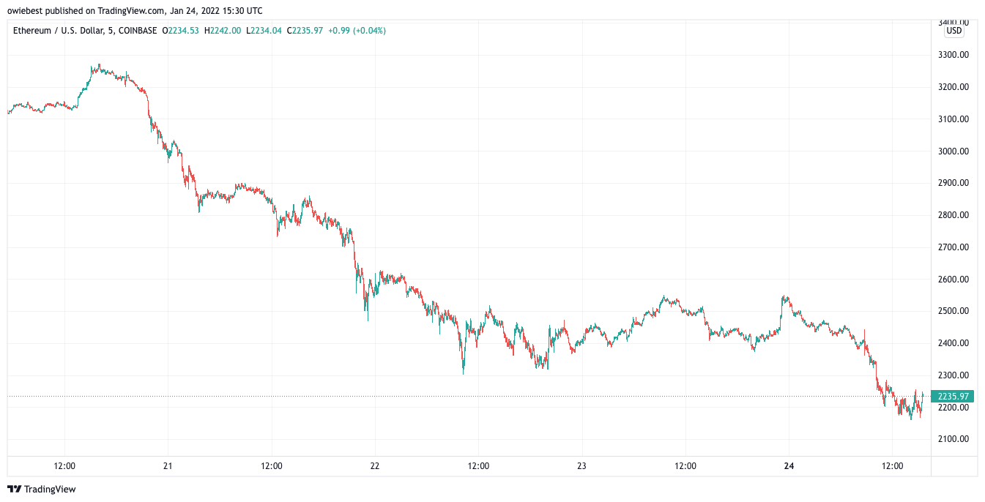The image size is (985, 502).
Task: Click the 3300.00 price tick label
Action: tap(954, 55)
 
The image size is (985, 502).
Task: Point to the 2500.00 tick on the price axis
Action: tap(954, 311)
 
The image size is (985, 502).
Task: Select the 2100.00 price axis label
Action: tap(954, 438)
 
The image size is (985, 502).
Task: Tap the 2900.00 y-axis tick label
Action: tap(954, 183)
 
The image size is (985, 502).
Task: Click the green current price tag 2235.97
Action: tap(953, 397)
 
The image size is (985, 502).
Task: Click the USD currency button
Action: tap(954, 31)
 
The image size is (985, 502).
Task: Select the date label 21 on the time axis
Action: tap(168, 466)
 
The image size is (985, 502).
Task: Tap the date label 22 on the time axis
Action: tap(375, 466)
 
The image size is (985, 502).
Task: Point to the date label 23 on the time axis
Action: tap(581, 466)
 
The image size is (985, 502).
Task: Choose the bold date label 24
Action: tap(789, 466)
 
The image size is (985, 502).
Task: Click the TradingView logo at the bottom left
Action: tap(42, 490)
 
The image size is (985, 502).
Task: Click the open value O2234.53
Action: tap(180, 31)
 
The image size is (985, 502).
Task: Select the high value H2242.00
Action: tap(223, 31)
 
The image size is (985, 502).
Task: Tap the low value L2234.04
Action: tap(264, 31)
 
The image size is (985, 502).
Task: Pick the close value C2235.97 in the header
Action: tap(305, 31)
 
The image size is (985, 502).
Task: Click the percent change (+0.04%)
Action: tap(369, 31)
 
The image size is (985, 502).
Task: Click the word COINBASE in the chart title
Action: tap(138, 31)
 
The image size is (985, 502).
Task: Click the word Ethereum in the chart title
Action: tap(32, 31)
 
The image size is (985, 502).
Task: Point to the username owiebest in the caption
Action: tap(26, 10)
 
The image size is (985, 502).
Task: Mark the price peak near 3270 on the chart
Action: tap(99, 64)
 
